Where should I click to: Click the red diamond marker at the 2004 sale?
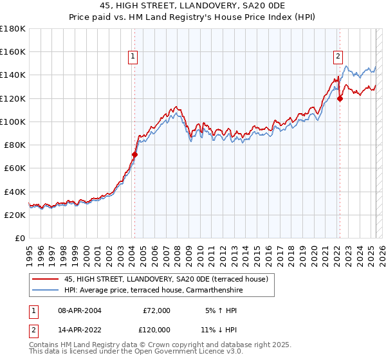click(134, 154)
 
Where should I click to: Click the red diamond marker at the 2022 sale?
click(340, 98)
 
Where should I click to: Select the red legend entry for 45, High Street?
click(170, 279)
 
